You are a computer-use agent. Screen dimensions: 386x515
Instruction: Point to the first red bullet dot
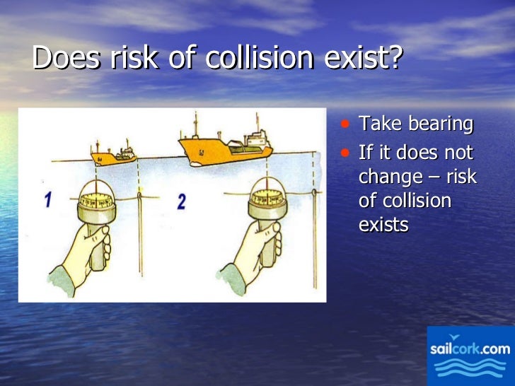click(345, 124)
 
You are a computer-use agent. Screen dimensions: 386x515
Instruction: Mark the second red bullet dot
click(345, 152)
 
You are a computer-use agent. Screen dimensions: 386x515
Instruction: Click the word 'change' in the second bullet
click(391, 177)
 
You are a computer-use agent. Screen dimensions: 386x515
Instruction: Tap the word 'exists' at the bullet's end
click(383, 225)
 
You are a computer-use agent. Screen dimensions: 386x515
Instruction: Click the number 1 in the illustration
click(47, 200)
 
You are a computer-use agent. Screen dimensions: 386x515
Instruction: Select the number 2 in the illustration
click(182, 202)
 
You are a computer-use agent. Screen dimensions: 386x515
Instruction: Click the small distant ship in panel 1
click(114, 154)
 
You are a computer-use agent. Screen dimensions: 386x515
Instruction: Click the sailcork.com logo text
click(470, 349)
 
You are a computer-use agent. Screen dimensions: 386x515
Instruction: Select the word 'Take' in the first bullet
click(376, 124)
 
